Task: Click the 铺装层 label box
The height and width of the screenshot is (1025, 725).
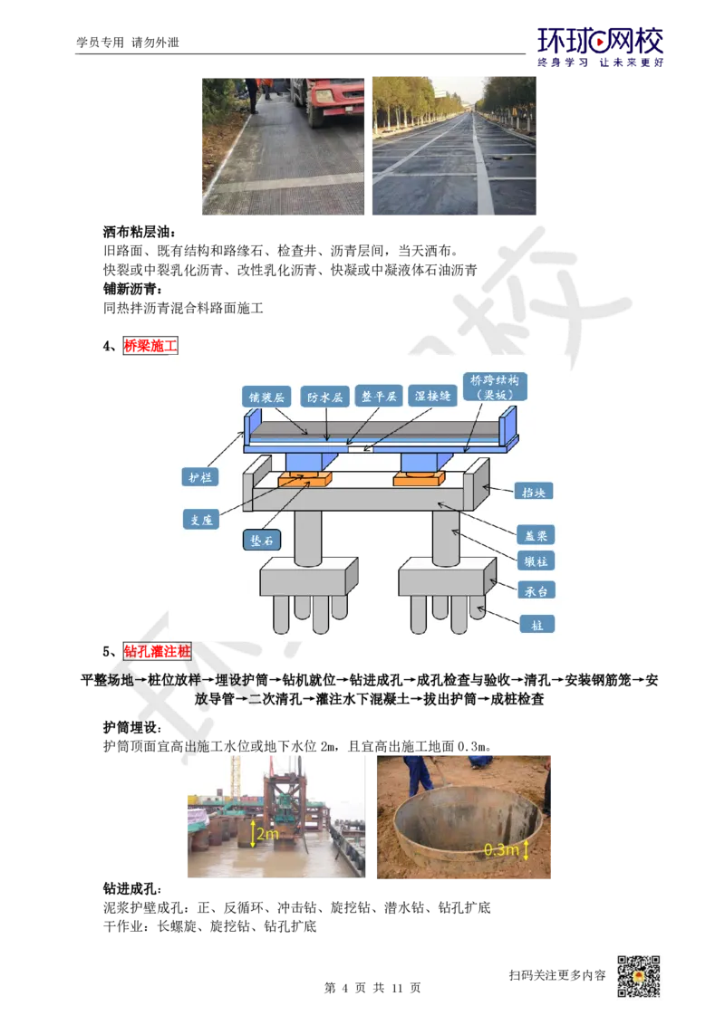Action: [x=266, y=397]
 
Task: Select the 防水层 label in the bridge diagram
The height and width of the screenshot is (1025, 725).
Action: [x=323, y=397]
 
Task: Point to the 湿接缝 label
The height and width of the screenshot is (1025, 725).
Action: [x=430, y=397]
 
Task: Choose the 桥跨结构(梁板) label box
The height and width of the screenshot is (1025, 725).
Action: [x=495, y=387]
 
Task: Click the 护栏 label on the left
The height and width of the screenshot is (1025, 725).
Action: [x=199, y=476]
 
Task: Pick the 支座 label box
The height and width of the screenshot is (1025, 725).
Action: [x=201, y=519]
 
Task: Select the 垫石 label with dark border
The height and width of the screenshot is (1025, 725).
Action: [x=261, y=540]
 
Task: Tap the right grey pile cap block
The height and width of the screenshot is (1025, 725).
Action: [x=441, y=576]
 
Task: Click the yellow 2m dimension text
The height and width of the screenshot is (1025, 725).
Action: [x=267, y=834]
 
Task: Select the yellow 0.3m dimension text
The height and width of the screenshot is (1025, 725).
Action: [x=501, y=849]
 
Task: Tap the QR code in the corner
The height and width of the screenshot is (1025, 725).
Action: [x=637, y=977]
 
